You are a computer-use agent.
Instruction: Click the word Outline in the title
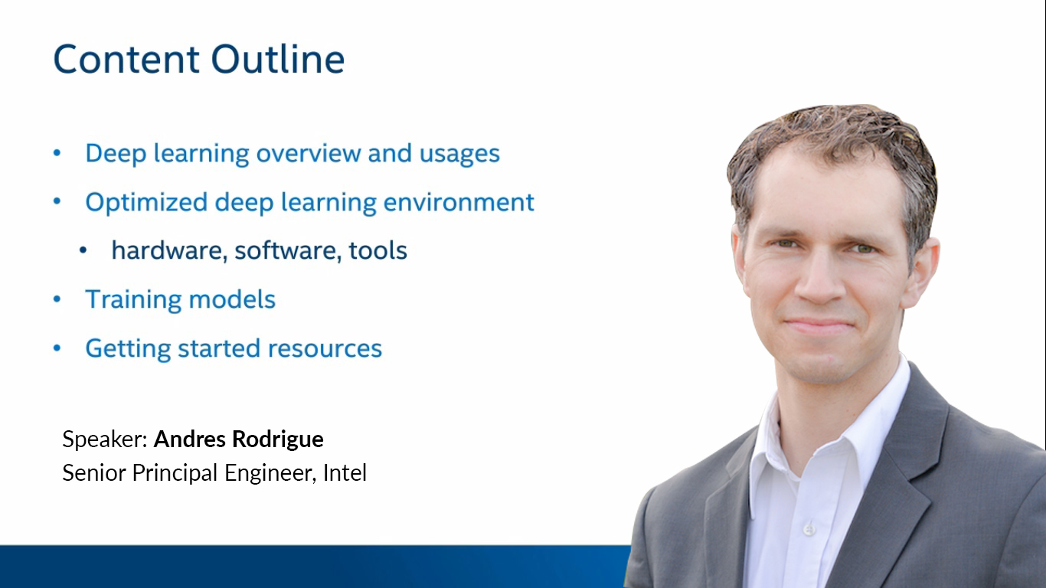pos(278,59)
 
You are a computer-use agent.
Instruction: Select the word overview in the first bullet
pos(309,153)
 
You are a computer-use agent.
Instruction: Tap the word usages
pos(459,154)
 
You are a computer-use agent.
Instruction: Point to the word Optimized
pos(146,203)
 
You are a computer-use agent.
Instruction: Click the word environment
pos(459,202)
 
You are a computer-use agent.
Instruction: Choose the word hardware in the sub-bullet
pos(169,250)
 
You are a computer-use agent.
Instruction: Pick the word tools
pos(378,250)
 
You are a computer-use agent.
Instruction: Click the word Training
pos(133,300)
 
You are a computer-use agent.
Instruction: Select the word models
pos(232,299)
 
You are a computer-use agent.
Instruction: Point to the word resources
pos(325,349)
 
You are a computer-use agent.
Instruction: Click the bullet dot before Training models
pos(57,299)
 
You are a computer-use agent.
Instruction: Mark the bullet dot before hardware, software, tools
pos(83,250)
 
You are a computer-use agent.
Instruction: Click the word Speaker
pos(105,439)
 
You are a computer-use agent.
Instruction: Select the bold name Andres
pos(190,439)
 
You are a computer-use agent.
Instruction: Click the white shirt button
pos(809,529)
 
